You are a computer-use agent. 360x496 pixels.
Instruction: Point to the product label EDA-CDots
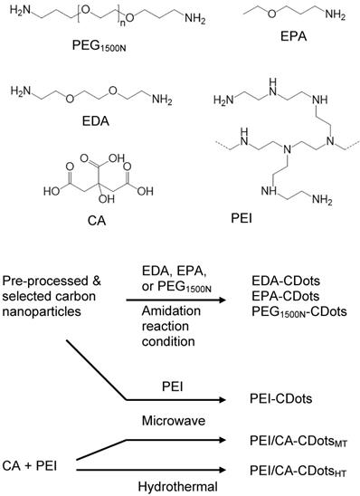pos(276,274)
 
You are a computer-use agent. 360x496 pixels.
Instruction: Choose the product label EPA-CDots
pos(276,291)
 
